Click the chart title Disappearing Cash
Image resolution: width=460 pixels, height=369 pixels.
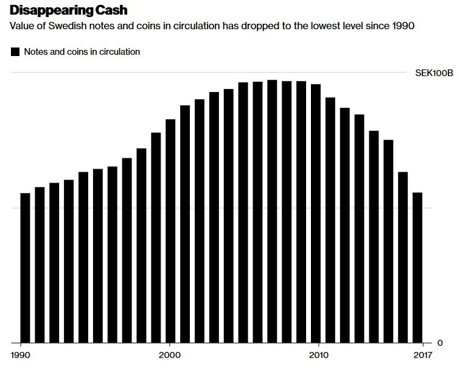(x=69, y=10)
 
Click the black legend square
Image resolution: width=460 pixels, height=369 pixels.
(x=16, y=52)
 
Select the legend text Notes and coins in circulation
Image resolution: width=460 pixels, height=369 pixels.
(x=82, y=52)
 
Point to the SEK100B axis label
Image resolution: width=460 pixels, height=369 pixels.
(x=434, y=73)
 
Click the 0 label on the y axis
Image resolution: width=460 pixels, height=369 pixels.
(x=440, y=343)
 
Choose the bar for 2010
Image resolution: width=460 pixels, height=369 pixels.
(x=316, y=213)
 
